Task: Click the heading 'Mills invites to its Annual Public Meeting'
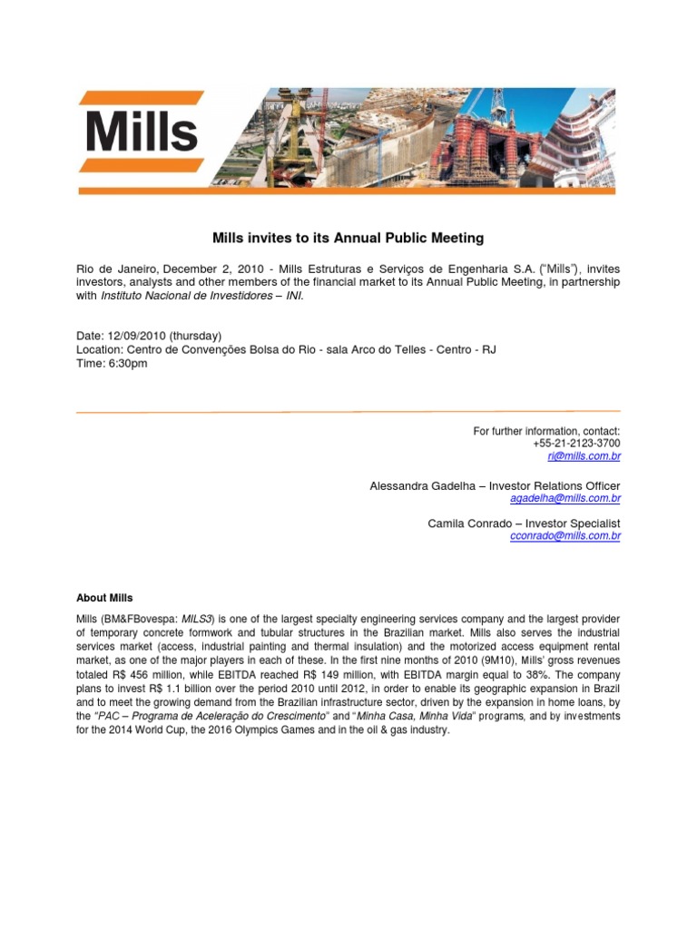[348, 239]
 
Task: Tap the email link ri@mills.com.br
[590, 456]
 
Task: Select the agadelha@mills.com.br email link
[566, 499]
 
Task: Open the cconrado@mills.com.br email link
[566, 536]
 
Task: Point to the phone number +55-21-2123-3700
[576, 444]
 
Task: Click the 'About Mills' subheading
[104, 598]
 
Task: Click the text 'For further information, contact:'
[546, 431]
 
